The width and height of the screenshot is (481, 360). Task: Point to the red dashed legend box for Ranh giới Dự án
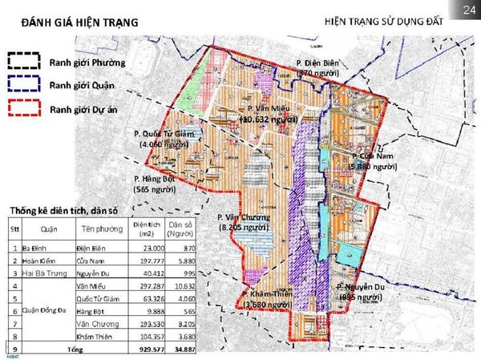23,109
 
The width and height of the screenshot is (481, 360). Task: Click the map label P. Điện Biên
319,63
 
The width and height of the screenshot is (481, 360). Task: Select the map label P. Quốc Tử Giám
164,134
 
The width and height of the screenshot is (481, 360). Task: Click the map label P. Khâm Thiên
269,294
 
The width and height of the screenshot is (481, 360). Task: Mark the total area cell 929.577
144,351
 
